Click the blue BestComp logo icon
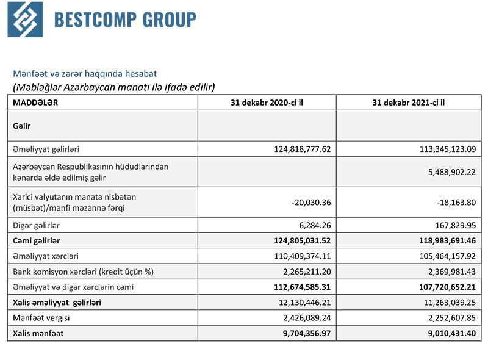pyautogui.click(x=26, y=20)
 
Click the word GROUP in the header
pyautogui.click(x=170, y=20)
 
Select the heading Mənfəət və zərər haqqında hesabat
pyautogui.click(x=85, y=74)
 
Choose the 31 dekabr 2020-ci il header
pyautogui.click(x=267, y=103)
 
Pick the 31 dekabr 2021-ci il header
pyautogui.click(x=408, y=103)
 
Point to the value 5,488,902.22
pyautogui.click(x=445, y=173)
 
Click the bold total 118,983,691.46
pyautogui.click(x=439, y=240)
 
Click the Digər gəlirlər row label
pyautogui.click(x=37, y=226)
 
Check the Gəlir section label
pyautogui.click(x=22, y=126)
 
